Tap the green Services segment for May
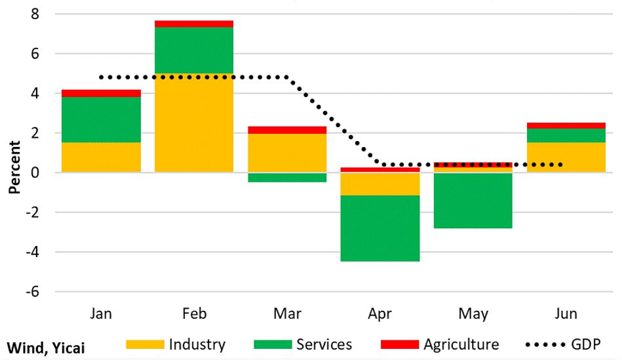tap(473, 200)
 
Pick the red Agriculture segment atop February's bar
tap(194, 24)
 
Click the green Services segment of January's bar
tap(101, 119)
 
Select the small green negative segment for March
tap(287, 177)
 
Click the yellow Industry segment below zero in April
tap(380, 184)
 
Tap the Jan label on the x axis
tap(101, 314)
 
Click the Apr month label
tap(380, 314)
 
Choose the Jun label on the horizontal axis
tap(566, 314)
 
